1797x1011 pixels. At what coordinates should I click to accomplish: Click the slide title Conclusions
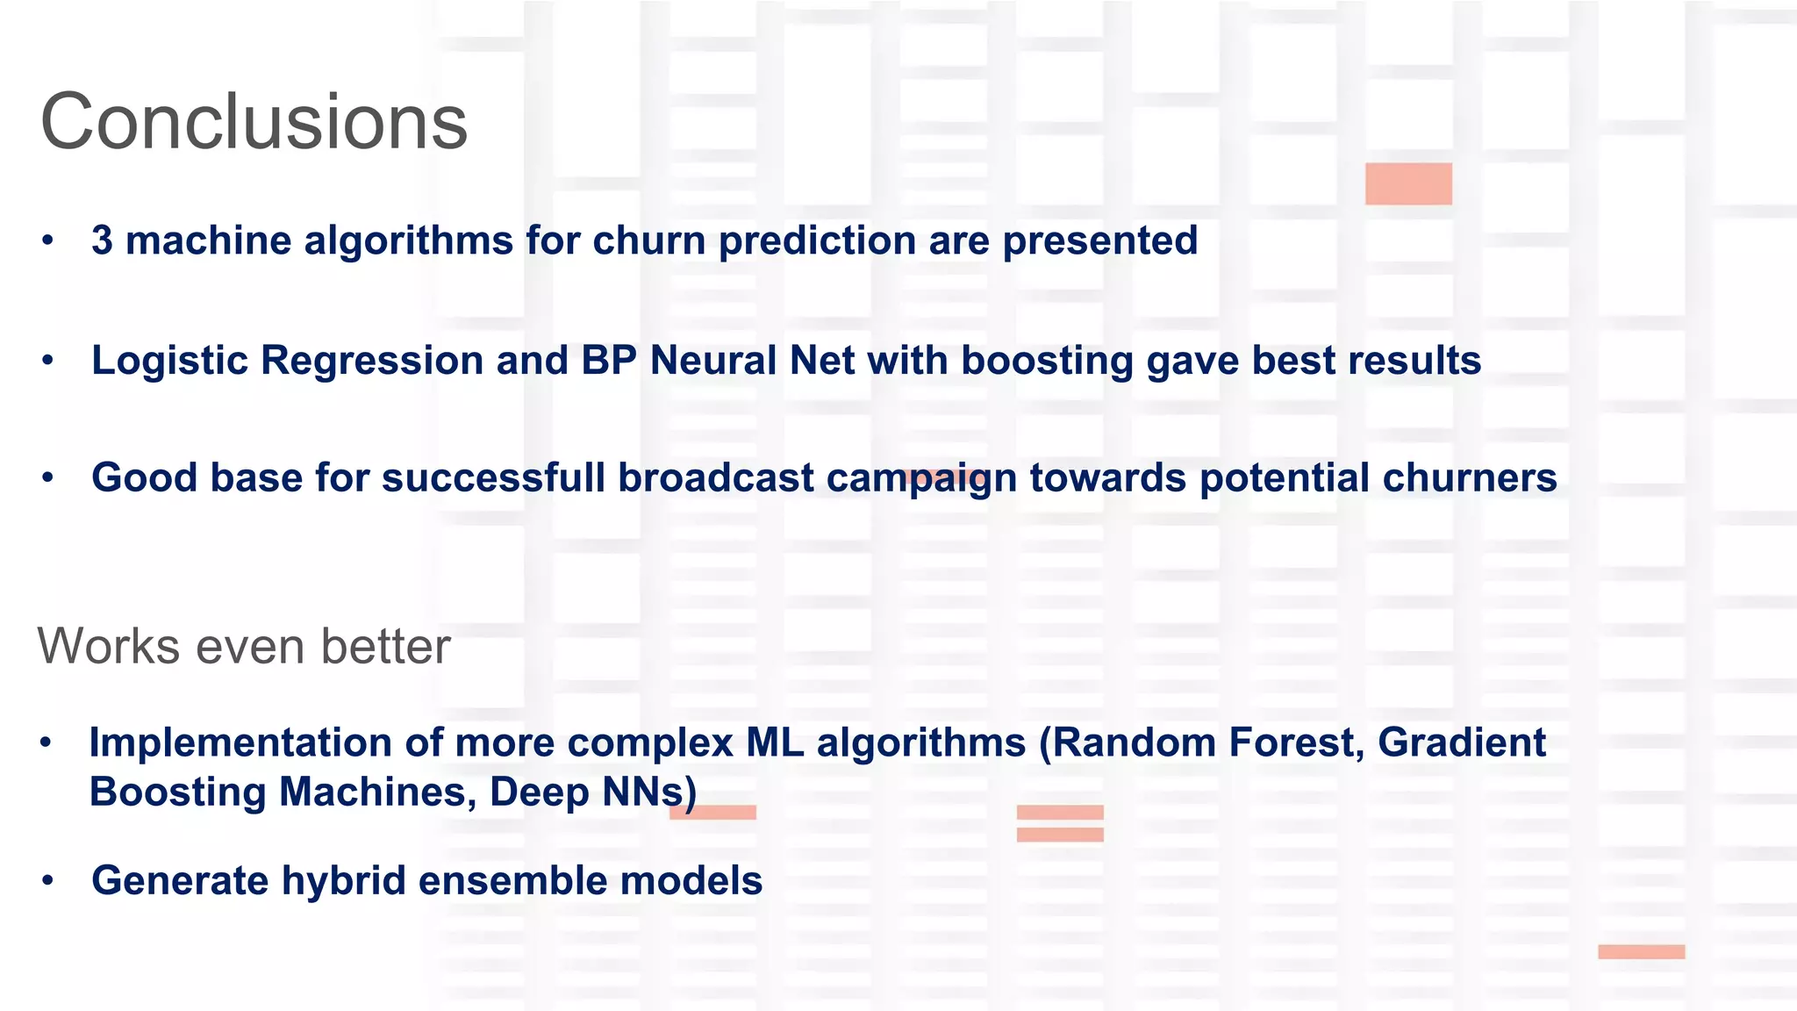(x=254, y=123)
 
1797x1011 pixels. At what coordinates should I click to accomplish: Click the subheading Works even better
(x=244, y=647)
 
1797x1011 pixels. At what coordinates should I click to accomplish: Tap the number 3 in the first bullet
(x=102, y=240)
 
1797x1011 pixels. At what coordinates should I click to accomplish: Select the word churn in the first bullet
(x=648, y=240)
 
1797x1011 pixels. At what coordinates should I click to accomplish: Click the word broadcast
(x=716, y=478)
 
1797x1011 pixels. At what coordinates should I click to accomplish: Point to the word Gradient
(x=1461, y=743)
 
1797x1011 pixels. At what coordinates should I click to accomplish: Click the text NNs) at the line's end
(x=649, y=792)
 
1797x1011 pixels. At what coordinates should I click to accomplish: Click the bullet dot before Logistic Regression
(x=48, y=361)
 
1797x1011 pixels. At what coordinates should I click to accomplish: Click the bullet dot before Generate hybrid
(x=48, y=881)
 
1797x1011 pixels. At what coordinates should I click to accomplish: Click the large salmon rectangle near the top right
(x=1408, y=183)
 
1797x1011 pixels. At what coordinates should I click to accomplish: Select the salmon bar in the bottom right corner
(x=1641, y=951)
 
